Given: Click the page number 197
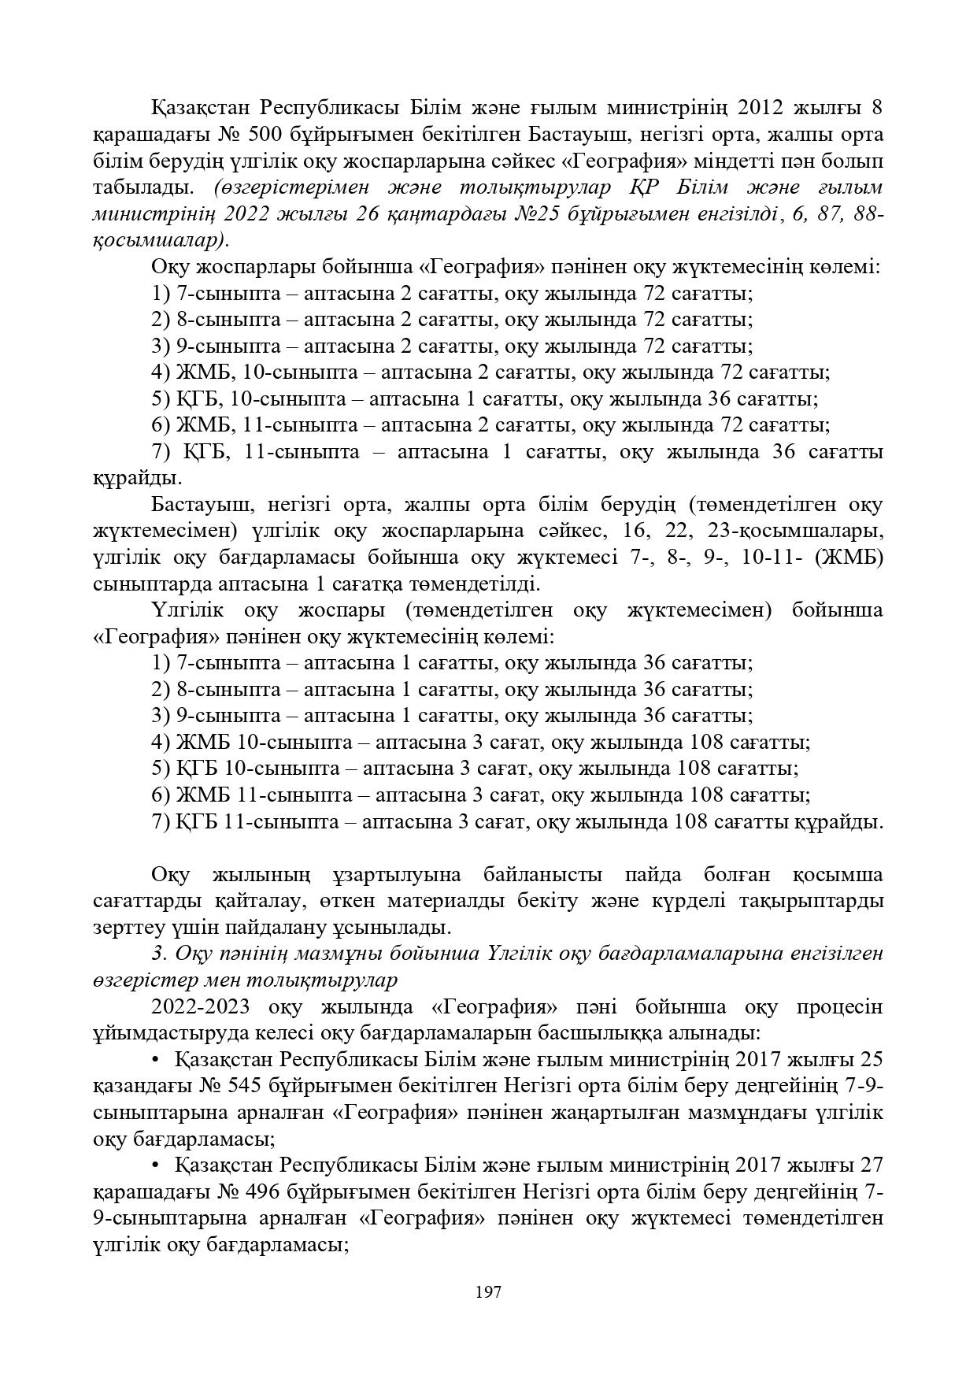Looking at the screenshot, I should click(x=488, y=1292).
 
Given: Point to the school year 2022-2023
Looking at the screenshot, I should click(x=202, y=1007).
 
